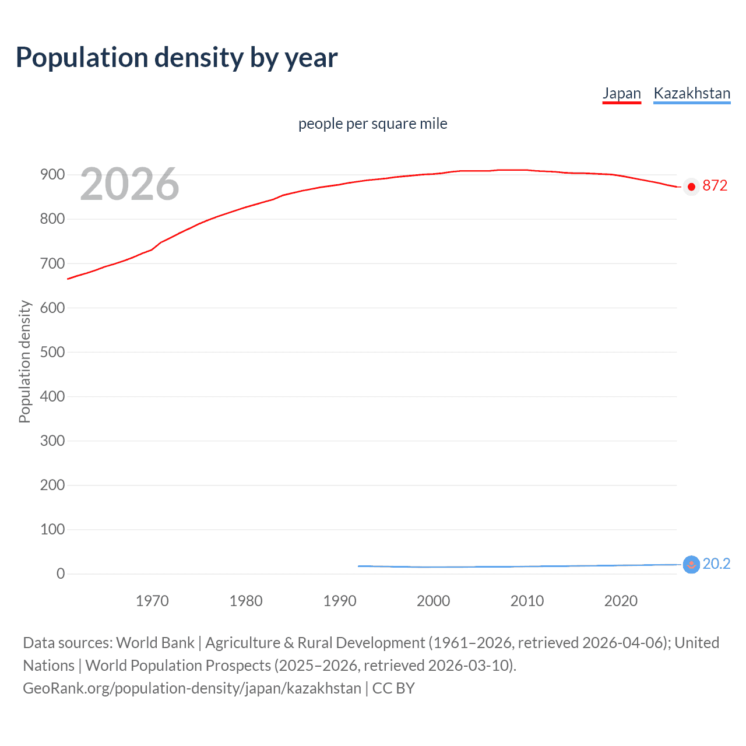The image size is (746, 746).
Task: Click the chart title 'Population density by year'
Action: pos(177,58)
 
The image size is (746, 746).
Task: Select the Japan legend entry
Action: pos(621,93)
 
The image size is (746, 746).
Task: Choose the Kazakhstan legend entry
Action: pos(692,93)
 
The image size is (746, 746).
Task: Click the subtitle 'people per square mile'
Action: pos(372,124)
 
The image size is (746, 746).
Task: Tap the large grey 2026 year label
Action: pos(129,184)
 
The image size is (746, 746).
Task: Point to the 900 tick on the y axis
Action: pos(52,175)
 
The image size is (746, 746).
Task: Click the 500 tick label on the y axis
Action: pos(52,352)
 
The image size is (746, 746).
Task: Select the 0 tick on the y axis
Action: pos(61,573)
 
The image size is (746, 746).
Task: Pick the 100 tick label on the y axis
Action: pos(52,529)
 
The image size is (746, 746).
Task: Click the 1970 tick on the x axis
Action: pos(152,601)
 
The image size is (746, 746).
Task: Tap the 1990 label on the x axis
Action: pos(340,601)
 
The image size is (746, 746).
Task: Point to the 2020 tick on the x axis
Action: pos(621,601)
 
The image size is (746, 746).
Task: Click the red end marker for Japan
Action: pos(691,186)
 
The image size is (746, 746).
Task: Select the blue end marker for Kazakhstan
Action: pos(691,564)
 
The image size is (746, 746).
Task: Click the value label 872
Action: pos(715,185)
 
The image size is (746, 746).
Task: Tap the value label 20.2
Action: pos(716,564)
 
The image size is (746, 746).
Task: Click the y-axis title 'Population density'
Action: pos(24,361)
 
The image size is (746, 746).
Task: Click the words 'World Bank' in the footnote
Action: pos(155,642)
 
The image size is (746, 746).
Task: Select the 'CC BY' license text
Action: pos(393,688)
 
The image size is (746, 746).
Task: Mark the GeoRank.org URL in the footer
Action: pos(192,688)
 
